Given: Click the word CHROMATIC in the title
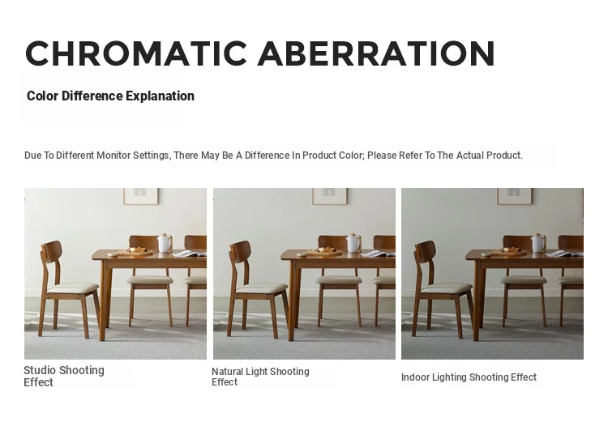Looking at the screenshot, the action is point(136,53).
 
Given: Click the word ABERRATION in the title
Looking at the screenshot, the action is point(376,53).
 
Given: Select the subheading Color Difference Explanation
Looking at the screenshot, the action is point(110,96).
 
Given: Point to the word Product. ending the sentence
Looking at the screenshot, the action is point(504,155).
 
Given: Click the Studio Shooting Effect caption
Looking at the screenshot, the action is point(64,376).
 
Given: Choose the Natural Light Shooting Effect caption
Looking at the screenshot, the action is point(260,377).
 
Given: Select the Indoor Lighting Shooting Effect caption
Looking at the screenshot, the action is point(469,377).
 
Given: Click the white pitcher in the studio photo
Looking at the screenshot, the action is point(165,243).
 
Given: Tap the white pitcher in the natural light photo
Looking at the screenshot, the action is point(353,243).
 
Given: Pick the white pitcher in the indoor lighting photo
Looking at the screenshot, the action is point(537,243).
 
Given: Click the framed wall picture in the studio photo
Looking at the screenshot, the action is point(141,196).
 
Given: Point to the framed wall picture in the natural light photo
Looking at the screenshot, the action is point(330,196).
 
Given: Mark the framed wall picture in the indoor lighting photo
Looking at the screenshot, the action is point(515,196).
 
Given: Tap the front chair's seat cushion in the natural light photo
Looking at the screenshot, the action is point(261,288).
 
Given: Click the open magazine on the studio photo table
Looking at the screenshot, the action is point(190,254).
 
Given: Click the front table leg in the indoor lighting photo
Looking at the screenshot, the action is point(479,300).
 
